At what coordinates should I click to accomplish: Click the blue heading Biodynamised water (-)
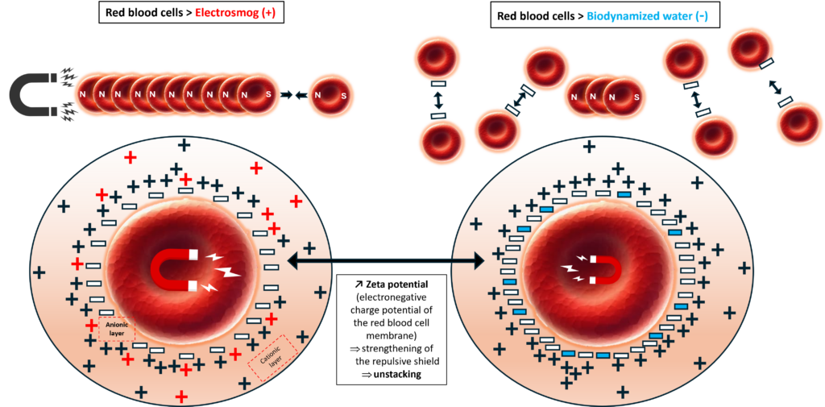[648, 16]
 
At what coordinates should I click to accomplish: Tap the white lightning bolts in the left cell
[221, 270]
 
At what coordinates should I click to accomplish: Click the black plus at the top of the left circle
[184, 144]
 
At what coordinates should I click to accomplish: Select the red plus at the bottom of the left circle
[182, 396]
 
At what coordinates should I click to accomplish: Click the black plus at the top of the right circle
[590, 146]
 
